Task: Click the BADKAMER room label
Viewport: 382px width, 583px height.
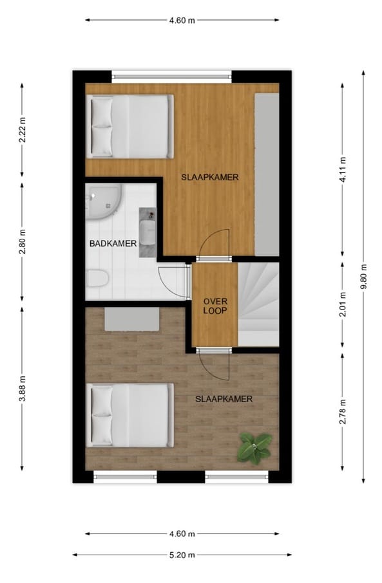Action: tap(113, 243)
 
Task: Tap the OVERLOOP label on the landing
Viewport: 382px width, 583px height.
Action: tap(216, 306)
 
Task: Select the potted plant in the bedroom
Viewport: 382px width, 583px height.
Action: tap(255, 447)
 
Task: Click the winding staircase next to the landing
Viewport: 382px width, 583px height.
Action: tap(259, 304)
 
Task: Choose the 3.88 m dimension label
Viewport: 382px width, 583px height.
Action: tap(23, 389)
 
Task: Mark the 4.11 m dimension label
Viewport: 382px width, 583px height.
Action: tap(343, 171)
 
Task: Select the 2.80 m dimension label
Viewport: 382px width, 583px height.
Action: tap(23, 241)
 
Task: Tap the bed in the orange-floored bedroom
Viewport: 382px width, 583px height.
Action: tap(131, 126)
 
